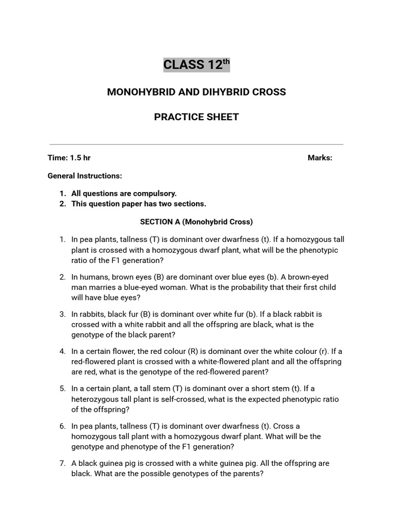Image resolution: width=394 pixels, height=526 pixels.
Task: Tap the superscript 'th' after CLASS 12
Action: (226, 62)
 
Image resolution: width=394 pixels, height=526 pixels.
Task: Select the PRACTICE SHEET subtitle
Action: (196, 117)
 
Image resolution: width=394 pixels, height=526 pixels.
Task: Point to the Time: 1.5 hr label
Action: (69, 158)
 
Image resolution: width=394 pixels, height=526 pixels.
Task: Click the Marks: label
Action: (320, 158)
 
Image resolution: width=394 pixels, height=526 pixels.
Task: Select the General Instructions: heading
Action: (85, 176)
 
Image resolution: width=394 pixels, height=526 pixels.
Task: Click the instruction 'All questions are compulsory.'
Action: (124, 194)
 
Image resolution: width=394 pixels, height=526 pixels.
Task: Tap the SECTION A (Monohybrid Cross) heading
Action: (196, 222)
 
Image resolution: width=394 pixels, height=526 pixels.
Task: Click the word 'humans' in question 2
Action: (93, 277)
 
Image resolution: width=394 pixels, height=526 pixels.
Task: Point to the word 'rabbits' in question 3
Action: (92, 314)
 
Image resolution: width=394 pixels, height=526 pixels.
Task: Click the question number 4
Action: (62, 351)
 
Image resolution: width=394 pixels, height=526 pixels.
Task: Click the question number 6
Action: (62, 426)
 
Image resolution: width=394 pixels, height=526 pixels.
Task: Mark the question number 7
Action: (62, 463)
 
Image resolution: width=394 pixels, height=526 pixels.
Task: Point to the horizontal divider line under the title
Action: (196, 144)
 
